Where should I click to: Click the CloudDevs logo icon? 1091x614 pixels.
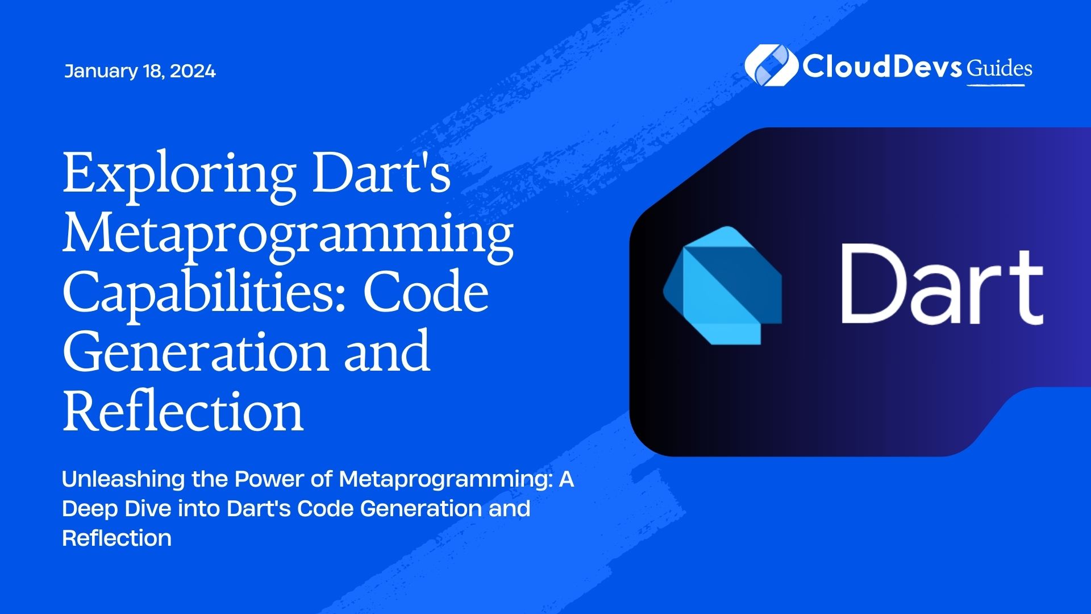tap(770, 65)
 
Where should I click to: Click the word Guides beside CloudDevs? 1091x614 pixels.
tap(999, 68)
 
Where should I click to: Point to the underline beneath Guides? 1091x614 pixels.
tap(996, 85)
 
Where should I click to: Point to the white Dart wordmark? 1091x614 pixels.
tap(942, 284)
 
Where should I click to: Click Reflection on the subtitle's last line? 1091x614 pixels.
tap(116, 538)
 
